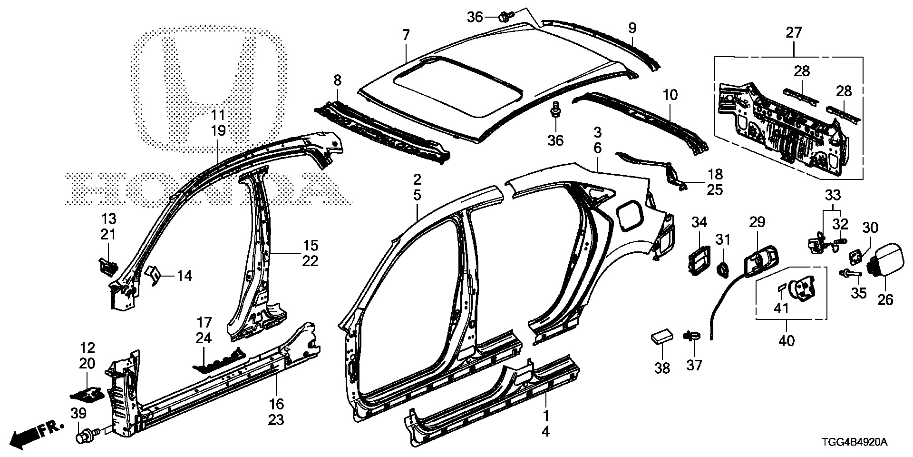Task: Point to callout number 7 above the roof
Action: point(406,35)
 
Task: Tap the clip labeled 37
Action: point(692,337)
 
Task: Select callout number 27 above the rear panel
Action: point(794,33)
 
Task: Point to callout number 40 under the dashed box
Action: point(787,341)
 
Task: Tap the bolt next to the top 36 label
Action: point(504,18)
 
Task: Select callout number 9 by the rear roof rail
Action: point(632,28)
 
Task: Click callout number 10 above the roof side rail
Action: point(670,95)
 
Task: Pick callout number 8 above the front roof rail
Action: point(337,80)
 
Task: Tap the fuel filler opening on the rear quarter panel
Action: point(628,214)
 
